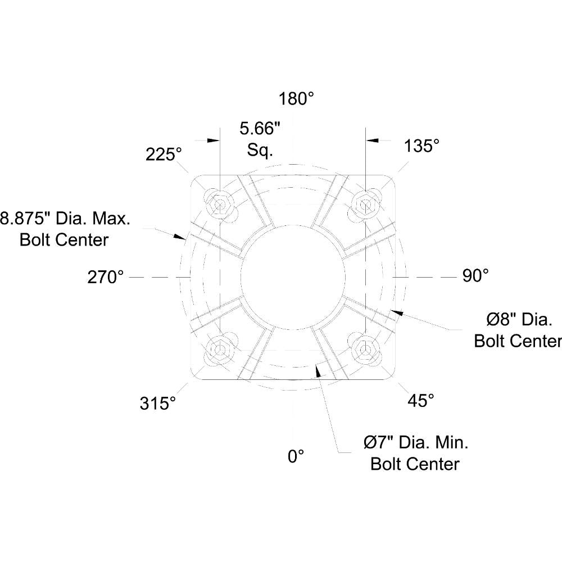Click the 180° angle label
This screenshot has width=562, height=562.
[x=296, y=99]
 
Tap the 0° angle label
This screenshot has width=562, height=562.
[x=296, y=456]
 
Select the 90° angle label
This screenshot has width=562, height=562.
[x=475, y=275]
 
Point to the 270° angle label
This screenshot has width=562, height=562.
[x=106, y=277]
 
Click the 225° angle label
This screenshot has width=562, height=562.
[x=164, y=154]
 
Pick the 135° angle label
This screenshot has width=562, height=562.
[x=422, y=146]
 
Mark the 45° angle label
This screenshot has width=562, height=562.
[x=420, y=400]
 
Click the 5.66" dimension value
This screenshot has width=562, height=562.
[x=260, y=129]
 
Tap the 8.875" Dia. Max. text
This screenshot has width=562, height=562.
[x=65, y=218]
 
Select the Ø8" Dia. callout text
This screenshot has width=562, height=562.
[x=520, y=320]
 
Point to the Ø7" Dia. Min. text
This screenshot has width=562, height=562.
[x=416, y=443]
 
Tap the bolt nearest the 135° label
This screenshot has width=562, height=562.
[x=366, y=202]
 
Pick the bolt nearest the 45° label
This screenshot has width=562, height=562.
[x=366, y=350]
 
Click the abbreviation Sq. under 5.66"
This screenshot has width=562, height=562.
[x=260, y=150]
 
